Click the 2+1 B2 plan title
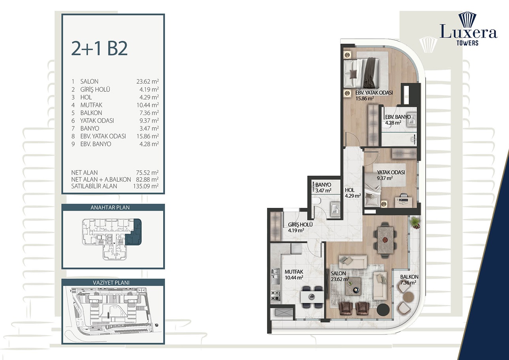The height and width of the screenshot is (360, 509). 99,48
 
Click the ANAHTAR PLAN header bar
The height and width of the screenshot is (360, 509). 113,207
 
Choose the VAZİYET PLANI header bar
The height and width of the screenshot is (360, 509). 113,283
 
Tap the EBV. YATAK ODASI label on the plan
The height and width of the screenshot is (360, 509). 368,93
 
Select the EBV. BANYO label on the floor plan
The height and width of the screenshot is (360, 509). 398,117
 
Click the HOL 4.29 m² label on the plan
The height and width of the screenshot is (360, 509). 352,192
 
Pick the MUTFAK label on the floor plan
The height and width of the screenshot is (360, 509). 293,272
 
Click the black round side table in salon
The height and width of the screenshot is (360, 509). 383,310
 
